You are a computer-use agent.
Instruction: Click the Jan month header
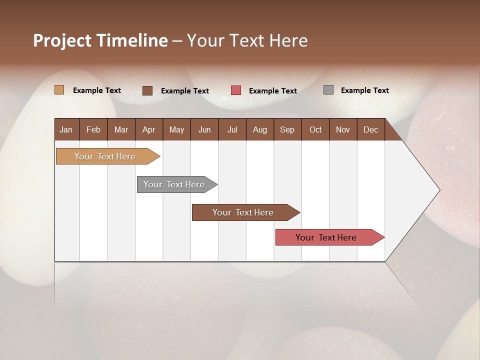click(66, 129)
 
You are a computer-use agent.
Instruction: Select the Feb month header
click(93, 129)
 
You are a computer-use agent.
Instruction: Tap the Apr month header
click(148, 129)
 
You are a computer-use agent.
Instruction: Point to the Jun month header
click(204, 129)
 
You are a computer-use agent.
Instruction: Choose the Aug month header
click(259, 129)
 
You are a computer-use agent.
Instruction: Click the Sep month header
click(287, 129)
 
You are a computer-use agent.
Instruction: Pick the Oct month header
click(315, 129)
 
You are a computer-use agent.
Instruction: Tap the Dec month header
click(370, 129)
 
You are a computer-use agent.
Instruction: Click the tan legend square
click(59, 90)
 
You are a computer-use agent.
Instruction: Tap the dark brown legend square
click(147, 90)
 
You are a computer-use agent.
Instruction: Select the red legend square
click(236, 90)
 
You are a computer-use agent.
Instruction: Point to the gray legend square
click(328, 90)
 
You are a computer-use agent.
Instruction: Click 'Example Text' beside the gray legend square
click(364, 90)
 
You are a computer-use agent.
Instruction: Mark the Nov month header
click(343, 129)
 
